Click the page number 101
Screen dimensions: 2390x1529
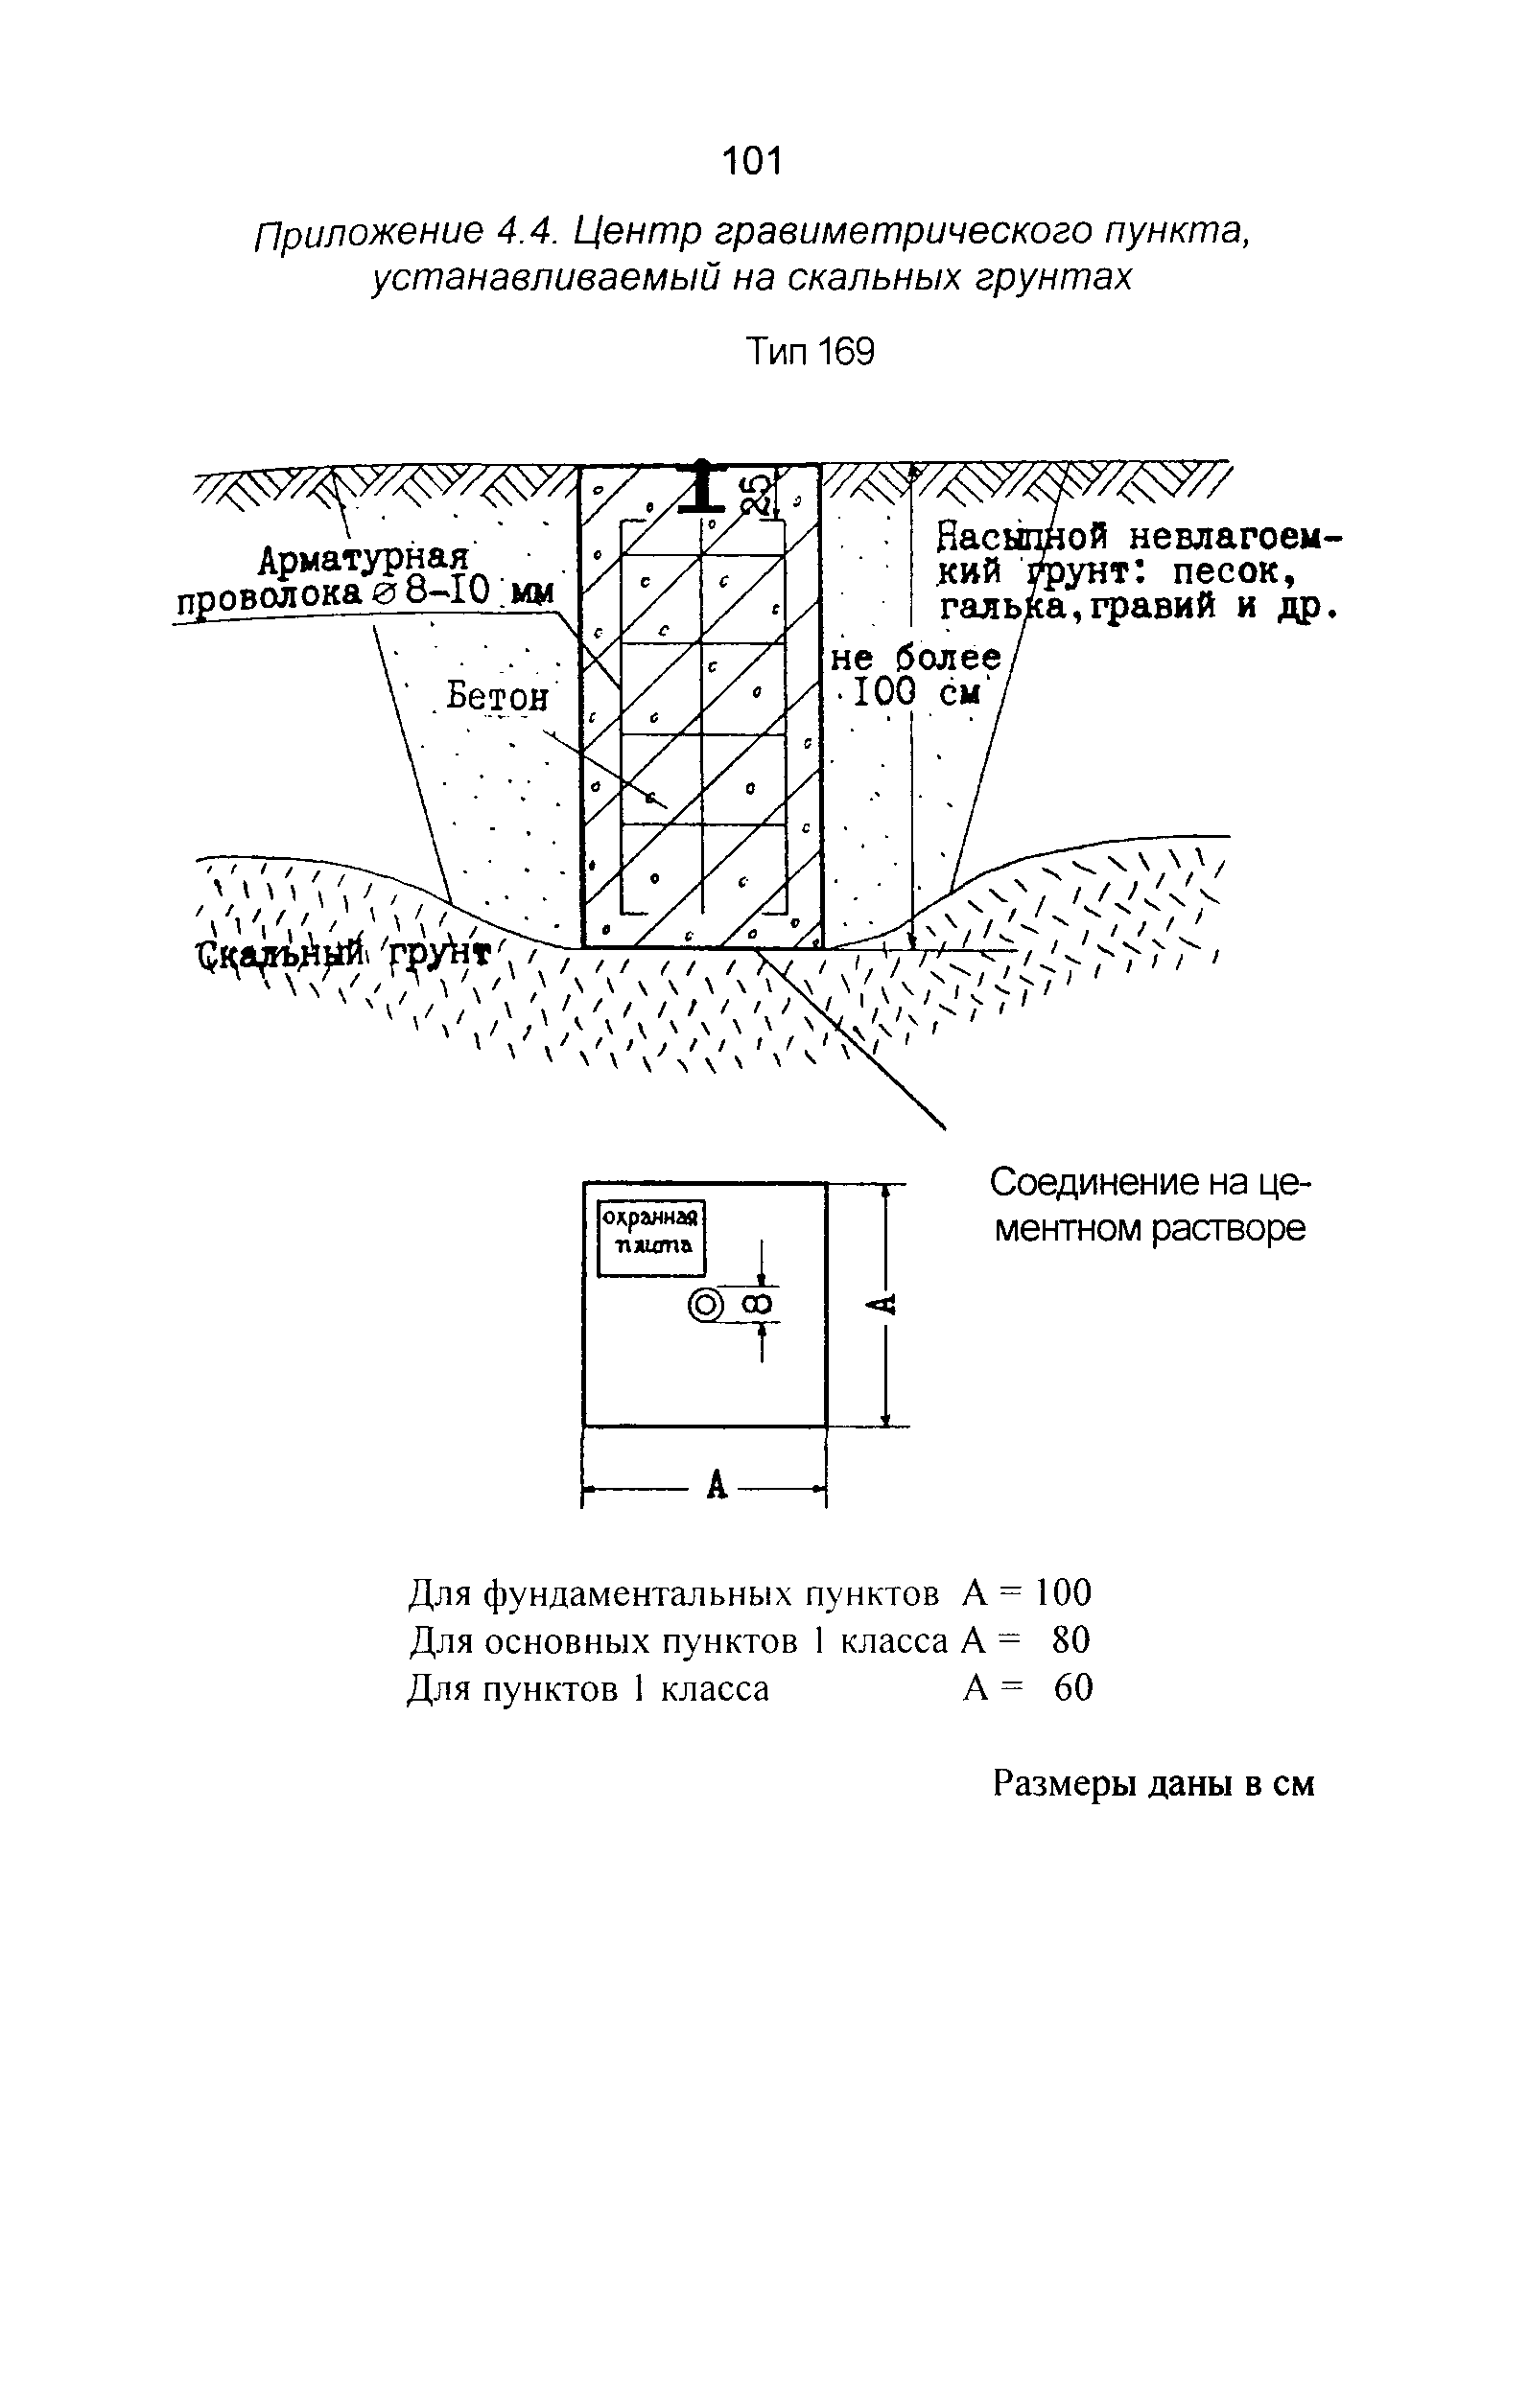[753, 161]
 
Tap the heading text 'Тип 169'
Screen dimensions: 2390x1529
[811, 353]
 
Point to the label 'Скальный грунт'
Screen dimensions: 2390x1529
[342, 956]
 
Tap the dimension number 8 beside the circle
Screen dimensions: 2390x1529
[760, 1304]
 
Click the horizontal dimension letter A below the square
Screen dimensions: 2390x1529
[717, 1486]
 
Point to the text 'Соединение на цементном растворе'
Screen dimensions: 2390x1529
[1149, 1206]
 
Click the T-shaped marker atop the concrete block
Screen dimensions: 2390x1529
[701, 485]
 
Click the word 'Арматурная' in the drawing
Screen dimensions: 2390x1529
[363, 561]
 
